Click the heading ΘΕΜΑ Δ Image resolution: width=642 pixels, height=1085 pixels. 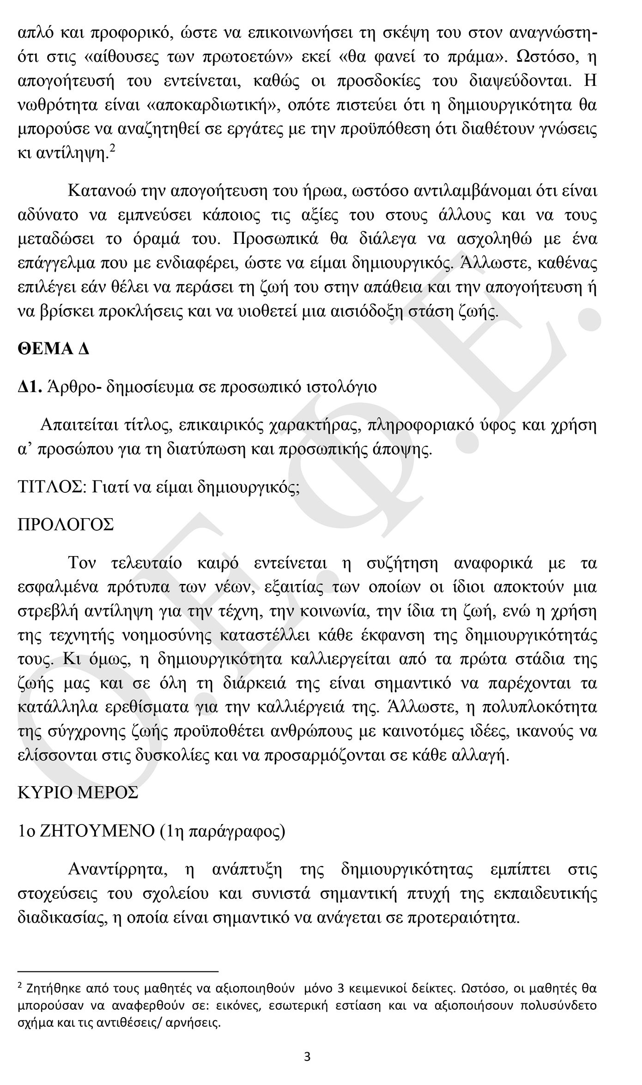pyautogui.click(x=53, y=349)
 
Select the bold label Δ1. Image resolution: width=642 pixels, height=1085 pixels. pyautogui.click(x=30, y=387)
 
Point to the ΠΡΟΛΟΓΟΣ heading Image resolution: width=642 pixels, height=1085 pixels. pyautogui.click(x=66, y=525)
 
